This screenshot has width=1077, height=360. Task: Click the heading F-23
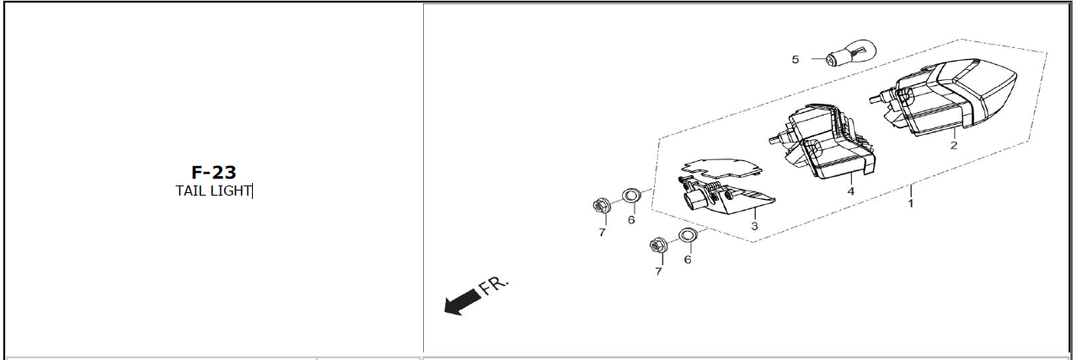click(x=213, y=172)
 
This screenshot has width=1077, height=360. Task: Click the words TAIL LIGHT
click(x=213, y=191)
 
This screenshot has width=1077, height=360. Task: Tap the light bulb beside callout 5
click(x=850, y=53)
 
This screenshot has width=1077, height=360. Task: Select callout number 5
click(x=796, y=59)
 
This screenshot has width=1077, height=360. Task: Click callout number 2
click(x=954, y=145)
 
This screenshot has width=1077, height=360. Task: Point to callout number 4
click(x=850, y=191)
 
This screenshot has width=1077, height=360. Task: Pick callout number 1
click(x=910, y=203)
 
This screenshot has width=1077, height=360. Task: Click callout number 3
click(x=754, y=226)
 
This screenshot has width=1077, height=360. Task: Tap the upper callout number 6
click(x=631, y=220)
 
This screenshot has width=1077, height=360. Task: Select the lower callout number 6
click(x=688, y=260)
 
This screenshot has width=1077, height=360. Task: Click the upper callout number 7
click(x=602, y=233)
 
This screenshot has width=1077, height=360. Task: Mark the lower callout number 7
click(x=658, y=272)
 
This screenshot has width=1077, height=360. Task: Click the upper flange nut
click(x=602, y=205)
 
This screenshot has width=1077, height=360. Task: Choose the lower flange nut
click(x=657, y=244)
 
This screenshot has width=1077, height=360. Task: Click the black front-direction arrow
click(x=463, y=303)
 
